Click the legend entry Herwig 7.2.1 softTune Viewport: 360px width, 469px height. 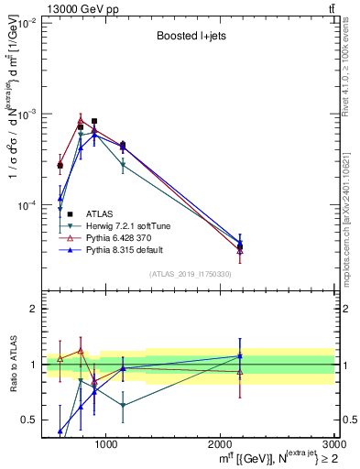125,225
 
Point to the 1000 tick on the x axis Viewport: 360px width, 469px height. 106,443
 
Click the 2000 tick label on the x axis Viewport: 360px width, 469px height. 221,443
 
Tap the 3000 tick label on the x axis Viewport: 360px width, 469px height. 333,443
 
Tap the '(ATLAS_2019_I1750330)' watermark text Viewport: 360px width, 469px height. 190,274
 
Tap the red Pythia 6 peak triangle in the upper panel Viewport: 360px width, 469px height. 81,119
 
